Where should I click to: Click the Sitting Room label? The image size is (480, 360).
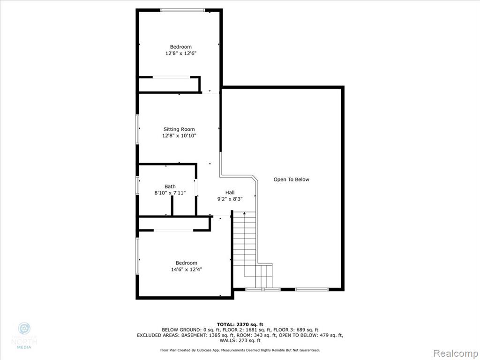pyautogui.click(x=179, y=129)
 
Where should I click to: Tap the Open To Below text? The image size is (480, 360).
pyautogui.click(x=291, y=180)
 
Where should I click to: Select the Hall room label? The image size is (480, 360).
pyautogui.click(x=230, y=192)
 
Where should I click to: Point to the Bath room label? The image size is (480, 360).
pyautogui.click(x=170, y=187)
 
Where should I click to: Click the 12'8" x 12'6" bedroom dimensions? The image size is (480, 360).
pyautogui.click(x=180, y=53)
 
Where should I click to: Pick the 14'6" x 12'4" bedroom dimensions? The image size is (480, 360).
pyautogui.click(x=187, y=270)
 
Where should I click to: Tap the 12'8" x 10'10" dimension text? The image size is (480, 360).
pyautogui.click(x=179, y=135)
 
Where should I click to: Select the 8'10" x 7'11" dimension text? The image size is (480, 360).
pyautogui.click(x=170, y=193)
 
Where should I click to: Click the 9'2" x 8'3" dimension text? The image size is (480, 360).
pyautogui.click(x=230, y=199)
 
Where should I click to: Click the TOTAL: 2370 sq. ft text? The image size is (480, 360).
pyautogui.click(x=240, y=324)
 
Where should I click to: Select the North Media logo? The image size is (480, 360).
pyautogui.click(x=24, y=336)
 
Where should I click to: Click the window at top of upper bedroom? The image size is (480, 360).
pyautogui.click(x=182, y=10)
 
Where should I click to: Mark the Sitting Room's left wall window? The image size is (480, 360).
pyautogui.click(x=137, y=129)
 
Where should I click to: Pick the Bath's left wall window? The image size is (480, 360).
pyautogui.click(x=137, y=185)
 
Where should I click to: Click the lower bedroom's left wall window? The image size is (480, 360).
pyautogui.click(x=137, y=256)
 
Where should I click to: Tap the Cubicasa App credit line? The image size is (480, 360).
pyautogui.click(x=240, y=350)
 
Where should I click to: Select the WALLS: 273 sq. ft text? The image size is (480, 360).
pyautogui.click(x=240, y=340)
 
